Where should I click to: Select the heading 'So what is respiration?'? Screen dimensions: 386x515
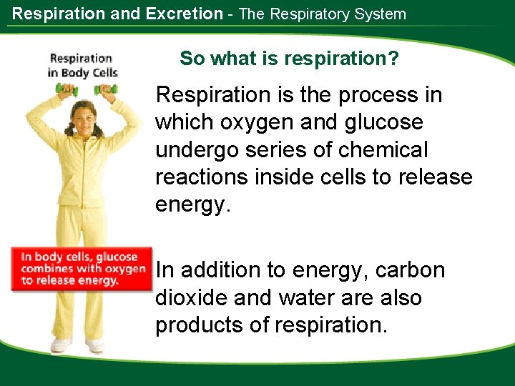tap(290, 58)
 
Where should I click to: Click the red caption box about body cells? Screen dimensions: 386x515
tap(82, 269)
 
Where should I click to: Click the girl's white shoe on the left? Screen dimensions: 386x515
tap(61, 345)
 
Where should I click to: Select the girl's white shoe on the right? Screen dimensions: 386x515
tap(95, 345)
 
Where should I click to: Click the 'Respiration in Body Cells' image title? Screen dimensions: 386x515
tap(82, 65)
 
